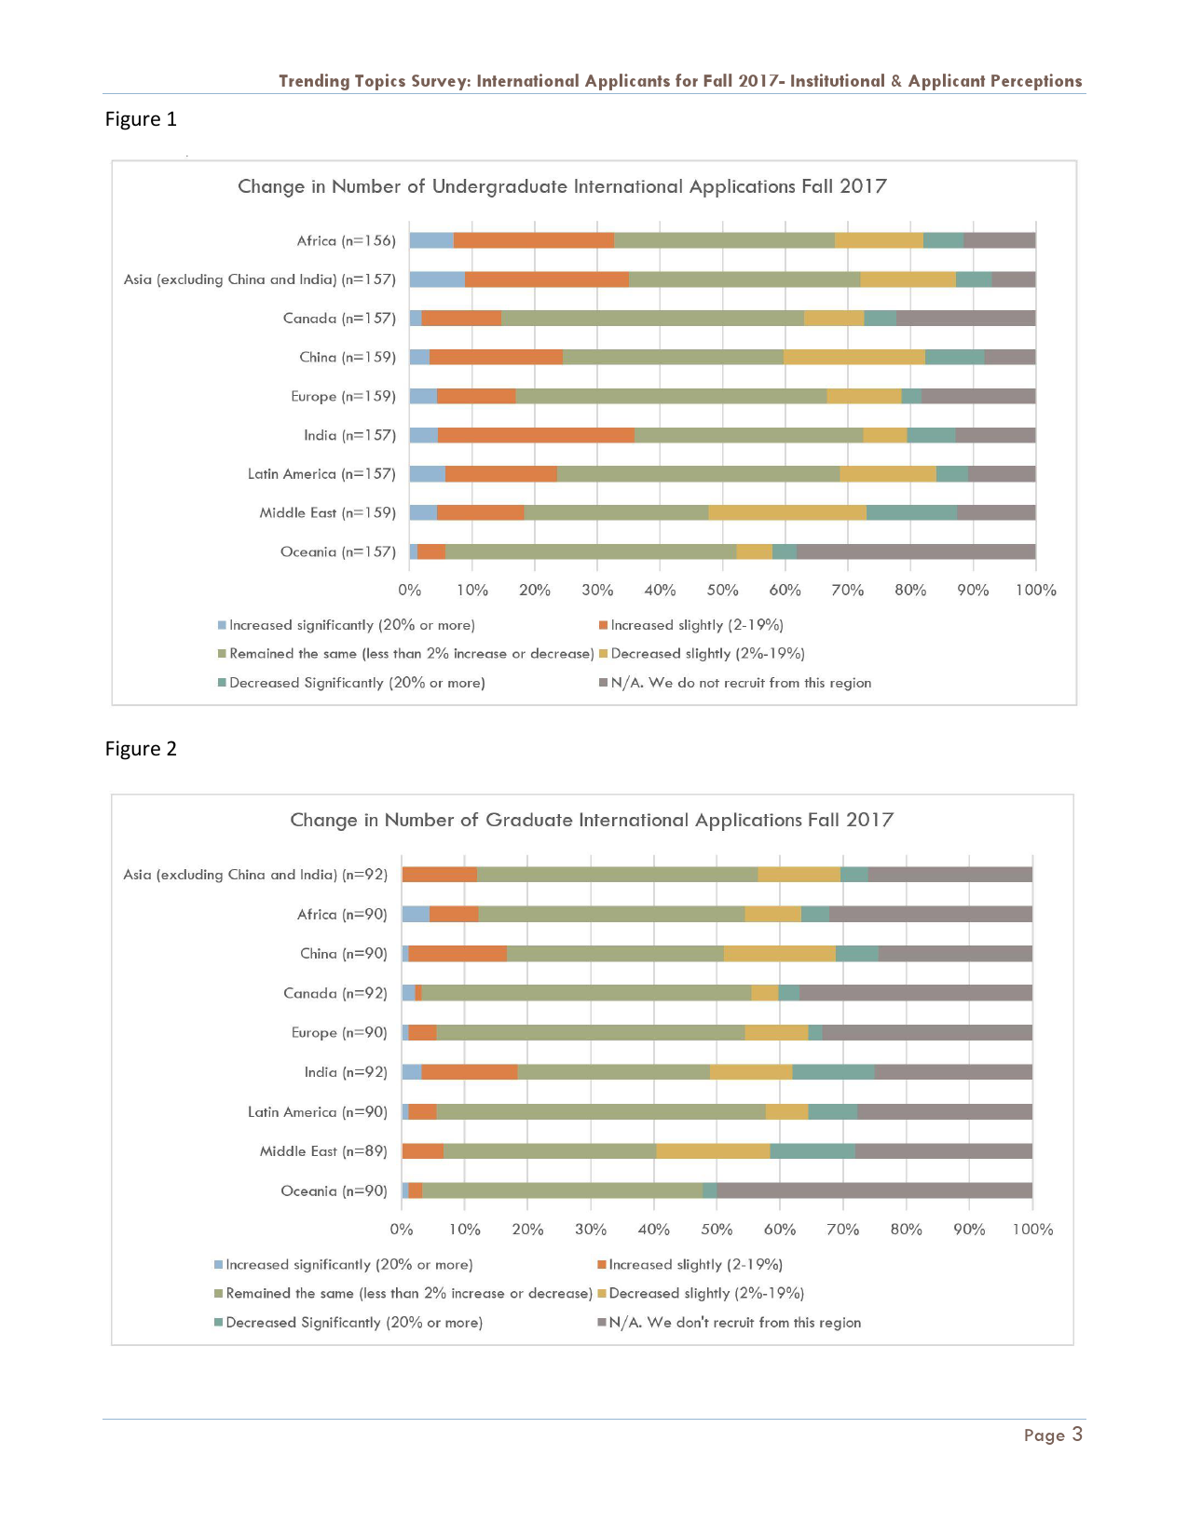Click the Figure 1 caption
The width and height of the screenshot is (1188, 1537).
tap(141, 119)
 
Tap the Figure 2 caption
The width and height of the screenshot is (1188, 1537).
tap(141, 749)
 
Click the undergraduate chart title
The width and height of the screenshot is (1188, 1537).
tap(562, 186)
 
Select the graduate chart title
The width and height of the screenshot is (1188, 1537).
tap(592, 820)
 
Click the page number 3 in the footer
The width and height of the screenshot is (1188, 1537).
tap(1076, 1435)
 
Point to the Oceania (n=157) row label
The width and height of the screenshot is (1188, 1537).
tap(337, 551)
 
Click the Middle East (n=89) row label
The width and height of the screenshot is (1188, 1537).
tap(323, 1151)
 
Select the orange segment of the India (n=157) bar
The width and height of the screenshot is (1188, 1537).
tap(536, 435)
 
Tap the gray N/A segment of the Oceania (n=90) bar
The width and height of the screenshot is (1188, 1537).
tap(874, 1190)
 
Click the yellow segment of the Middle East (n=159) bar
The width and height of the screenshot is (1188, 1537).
tap(787, 512)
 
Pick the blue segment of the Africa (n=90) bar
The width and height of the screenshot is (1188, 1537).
tap(416, 914)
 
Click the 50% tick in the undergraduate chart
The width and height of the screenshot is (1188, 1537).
tap(722, 590)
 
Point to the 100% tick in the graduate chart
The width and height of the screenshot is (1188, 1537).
tap(1032, 1230)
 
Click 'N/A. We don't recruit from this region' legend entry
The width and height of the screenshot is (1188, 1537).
tap(734, 1323)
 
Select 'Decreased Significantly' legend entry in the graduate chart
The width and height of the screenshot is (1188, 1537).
tap(353, 1323)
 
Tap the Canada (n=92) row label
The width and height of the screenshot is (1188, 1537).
tap(335, 993)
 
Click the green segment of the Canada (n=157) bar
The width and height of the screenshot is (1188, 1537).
tap(652, 318)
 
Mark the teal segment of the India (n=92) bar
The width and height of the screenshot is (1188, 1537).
tap(833, 1072)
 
